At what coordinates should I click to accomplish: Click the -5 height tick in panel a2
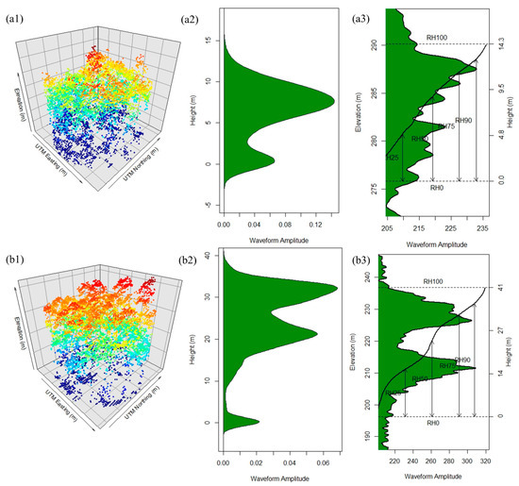(x=214, y=205)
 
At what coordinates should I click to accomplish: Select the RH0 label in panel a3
(x=436, y=188)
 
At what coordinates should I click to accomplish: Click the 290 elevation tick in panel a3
(x=375, y=44)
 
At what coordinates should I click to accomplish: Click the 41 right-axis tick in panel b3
(x=497, y=288)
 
